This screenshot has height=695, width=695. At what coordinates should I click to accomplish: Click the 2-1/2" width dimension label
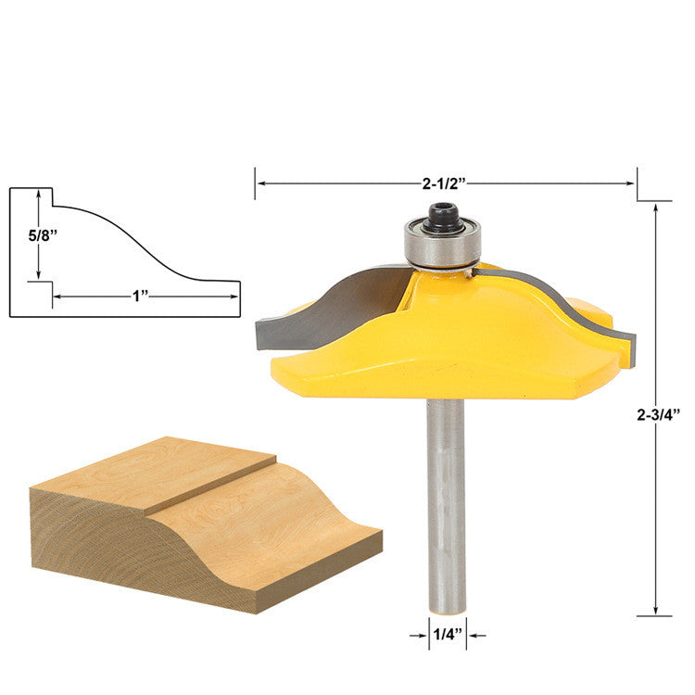(x=445, y=183)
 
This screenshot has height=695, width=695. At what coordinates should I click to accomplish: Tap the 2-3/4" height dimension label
(x=658, y=415)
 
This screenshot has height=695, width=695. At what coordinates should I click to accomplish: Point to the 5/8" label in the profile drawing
(x=43, y=235)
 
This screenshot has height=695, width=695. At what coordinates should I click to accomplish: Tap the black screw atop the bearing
(x=443, y=218)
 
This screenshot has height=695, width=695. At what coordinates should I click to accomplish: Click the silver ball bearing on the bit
(x=442, y=245)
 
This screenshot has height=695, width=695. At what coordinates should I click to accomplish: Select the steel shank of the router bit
(x=446, y=506)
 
